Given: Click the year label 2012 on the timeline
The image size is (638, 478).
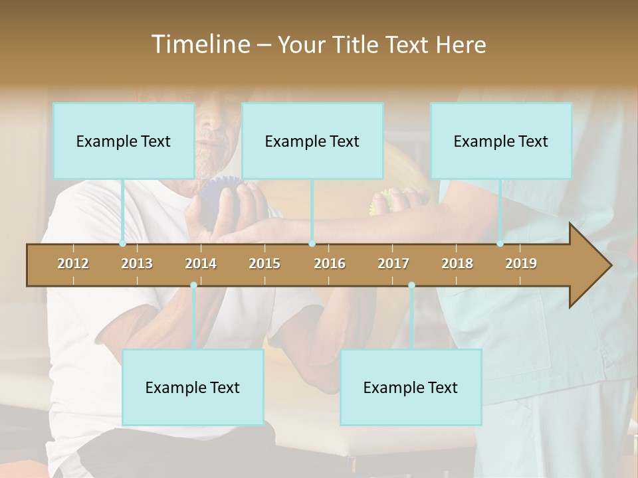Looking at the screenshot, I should pyautogui.click(x=73, y=264).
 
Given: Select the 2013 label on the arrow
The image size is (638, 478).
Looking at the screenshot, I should pyautogui.click(x=137, y=264).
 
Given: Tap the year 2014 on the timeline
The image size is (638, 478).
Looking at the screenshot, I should pyautogui.click(x=201, y=264).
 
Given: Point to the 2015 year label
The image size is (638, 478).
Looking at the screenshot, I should pyautogui.click(x=265, y=264).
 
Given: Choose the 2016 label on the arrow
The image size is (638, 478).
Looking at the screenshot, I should pyautogui.click(x=330, y=264).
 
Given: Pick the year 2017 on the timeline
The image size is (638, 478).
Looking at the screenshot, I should pyautogui.click(x=393, y=264).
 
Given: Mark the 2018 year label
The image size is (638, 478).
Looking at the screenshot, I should pyautogui.click(x=457, y=264).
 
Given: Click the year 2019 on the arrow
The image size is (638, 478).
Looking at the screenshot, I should pyautogui.click(x=521, y=264).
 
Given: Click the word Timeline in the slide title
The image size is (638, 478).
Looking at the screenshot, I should pyautogui.click(x=199, y=44).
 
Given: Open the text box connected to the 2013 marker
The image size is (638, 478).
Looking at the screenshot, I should pyautogui.click(x=124, y=141).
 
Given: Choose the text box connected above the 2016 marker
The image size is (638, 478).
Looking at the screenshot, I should pyautogui.click(x=312, y=141).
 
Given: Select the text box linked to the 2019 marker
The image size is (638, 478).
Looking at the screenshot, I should pyautogui.click(x=501, y=141).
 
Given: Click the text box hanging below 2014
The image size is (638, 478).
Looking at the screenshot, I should pyautogui.click(x=193, y=387).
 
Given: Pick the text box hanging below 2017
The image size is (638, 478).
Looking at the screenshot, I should pyautogui.click(x=411, y=387).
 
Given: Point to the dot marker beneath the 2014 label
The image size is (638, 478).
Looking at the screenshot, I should pyautogui.click(x=193, y=285).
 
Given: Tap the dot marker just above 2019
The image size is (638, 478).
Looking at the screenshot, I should pyautogui.click(x=500, y=244).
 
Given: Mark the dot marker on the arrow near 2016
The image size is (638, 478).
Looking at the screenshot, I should pyautogui.click(x=312, y=244).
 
